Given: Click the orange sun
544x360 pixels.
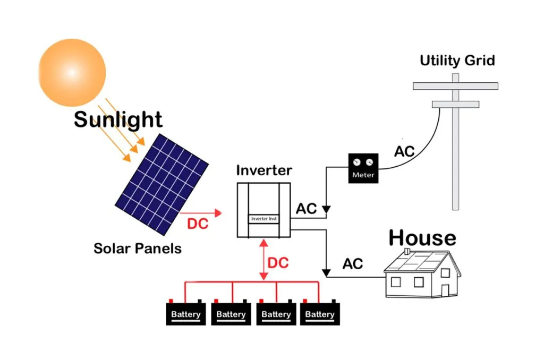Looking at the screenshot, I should [72, 72].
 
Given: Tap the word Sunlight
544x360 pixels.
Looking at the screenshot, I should [118, 119].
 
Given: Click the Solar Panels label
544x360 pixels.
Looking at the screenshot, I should [138, 248].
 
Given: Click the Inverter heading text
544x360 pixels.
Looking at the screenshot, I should [263, 170].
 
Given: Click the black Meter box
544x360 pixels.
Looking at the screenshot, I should [363, 168].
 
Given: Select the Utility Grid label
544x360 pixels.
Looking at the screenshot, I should [457, 60].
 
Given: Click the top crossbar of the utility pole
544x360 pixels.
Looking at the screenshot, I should [455, 85].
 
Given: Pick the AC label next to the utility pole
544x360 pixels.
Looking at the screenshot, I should [404, 152].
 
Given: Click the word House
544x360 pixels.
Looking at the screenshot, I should [422, 238].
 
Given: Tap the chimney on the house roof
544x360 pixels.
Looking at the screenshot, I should [406, 251].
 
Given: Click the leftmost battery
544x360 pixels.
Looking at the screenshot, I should [186, 313].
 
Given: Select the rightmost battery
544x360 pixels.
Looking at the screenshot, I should [320, 313].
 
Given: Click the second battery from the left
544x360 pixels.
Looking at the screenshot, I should [231, 313].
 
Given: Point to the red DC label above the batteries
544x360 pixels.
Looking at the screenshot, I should [278, 263].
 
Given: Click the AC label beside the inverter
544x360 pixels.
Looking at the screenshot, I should [307, 209].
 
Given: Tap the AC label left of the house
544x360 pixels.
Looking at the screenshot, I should [353, 263].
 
